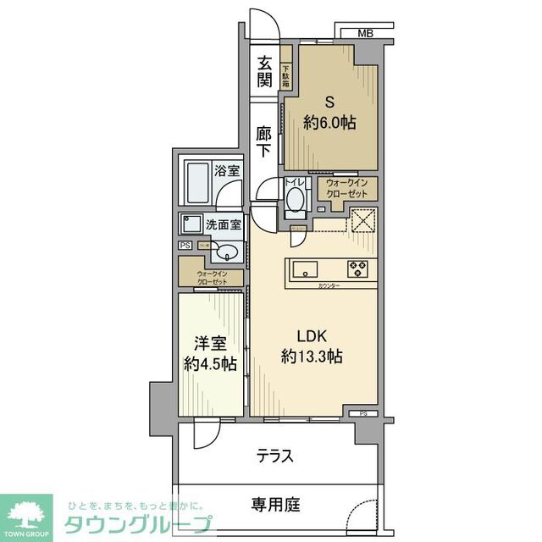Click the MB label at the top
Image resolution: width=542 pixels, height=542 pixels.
click(365, 33)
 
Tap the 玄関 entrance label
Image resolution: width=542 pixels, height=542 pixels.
click(265, 72)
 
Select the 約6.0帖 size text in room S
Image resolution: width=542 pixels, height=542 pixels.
click(329, 122)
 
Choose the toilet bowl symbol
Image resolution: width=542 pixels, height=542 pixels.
click(295, 200)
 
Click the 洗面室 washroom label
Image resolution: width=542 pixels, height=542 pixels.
click(224, 224)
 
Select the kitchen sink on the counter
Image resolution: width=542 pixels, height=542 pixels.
click(304, 270)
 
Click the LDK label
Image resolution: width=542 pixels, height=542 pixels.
click(311, 334)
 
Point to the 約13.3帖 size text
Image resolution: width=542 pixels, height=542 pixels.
click(311, 357)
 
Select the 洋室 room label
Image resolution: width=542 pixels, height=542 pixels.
click(211, 344)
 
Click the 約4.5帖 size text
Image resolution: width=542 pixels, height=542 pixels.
click(211, 365)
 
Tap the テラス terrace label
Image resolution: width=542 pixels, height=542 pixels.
click(275, 456)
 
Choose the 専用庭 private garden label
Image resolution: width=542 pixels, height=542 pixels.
click(275, 505)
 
